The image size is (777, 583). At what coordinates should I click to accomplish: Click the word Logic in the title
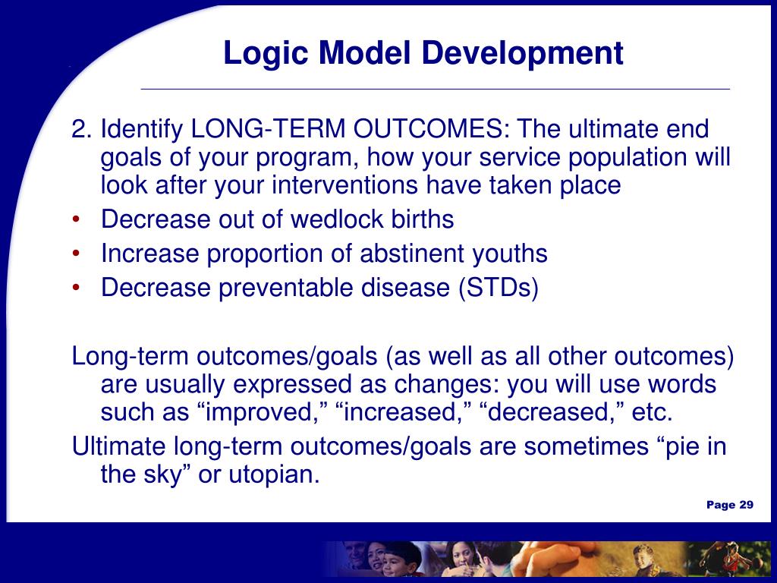click(266, 54)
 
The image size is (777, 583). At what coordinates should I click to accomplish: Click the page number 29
click(747, 505)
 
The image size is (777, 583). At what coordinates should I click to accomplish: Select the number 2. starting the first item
click(82, 129)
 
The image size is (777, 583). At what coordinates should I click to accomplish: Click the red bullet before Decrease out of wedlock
click(76, 219)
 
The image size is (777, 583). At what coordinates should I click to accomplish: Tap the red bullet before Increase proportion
click(76, 254)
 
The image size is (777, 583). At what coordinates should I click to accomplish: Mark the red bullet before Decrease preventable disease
click(76, 288)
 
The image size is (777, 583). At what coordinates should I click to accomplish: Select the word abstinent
click(412, 254)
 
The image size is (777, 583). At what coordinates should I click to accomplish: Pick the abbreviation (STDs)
click(499, 288)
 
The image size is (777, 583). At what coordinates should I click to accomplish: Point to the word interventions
click(344, 185)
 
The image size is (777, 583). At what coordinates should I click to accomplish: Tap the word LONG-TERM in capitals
click(268, 129)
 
